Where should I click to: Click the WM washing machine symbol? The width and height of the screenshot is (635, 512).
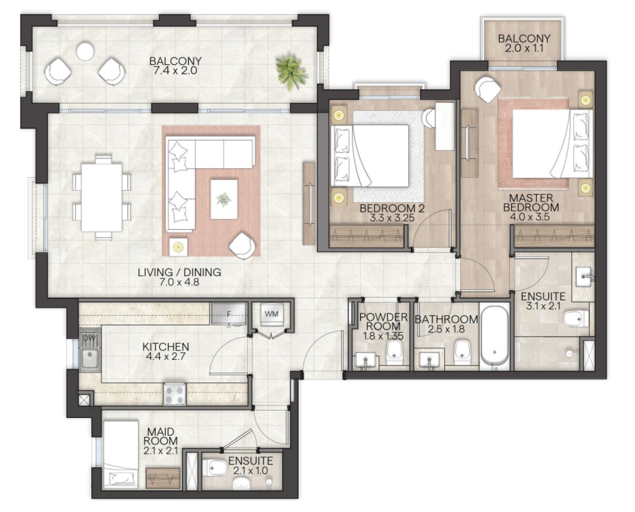(271, 315)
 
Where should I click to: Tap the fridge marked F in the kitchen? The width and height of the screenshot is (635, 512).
(229, 314)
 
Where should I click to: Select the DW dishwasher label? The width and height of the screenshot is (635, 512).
(88, 338)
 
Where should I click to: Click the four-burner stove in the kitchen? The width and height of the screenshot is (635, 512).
(175, 394)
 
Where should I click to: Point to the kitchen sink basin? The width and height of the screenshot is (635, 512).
(89, 358)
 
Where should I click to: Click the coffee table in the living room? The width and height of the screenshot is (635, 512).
(224, 199)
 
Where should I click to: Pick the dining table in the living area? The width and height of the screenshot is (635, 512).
(102, 197)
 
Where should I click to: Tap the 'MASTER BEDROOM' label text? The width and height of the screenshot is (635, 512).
(531, 202)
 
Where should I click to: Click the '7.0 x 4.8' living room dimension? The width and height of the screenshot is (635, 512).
(179, 282)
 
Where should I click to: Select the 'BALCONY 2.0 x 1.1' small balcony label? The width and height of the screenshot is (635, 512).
(524, 43)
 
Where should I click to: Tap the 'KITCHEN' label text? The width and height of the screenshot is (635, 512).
(165, 347)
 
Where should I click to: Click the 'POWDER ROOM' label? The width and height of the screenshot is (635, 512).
(383, 322)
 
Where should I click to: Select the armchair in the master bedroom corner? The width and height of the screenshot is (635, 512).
(488, 89)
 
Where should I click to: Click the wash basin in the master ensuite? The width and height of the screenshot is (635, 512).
(583, 276)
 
